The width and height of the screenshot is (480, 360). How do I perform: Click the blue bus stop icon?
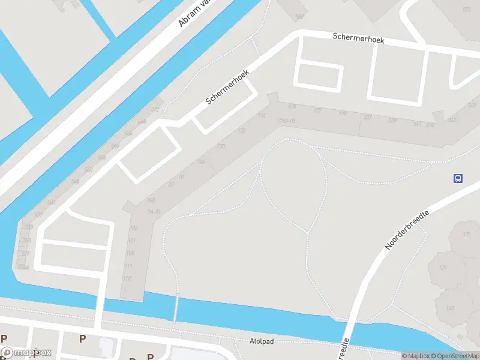pos(458,178)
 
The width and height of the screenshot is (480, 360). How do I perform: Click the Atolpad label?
pos(261,341)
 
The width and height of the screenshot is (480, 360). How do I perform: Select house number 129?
pos(443,267)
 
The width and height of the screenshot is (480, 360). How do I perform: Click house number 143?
pos(449,308)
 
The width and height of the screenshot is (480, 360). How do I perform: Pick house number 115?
pos(467,233)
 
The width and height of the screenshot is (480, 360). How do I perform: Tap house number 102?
pos(133,228)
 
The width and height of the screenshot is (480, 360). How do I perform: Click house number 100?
pos(130,253)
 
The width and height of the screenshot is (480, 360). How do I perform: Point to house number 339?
pos(392,121)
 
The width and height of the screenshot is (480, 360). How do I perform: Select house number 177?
pos(317,111)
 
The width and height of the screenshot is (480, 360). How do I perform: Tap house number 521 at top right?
pos(467,10)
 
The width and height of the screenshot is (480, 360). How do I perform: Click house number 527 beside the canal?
pos(25,254)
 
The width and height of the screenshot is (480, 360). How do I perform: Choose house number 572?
pos(155,110)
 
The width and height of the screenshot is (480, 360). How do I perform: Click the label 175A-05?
pos(287,122)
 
